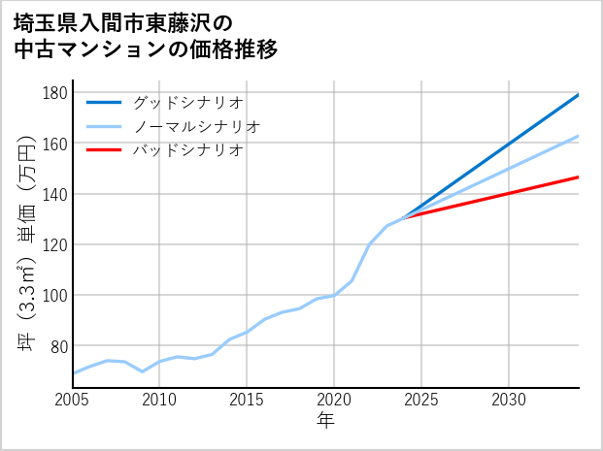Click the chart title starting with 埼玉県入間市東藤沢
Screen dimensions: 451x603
(146, 36)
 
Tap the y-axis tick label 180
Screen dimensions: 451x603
(55, 93)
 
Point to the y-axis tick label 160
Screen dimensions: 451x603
(55, 144)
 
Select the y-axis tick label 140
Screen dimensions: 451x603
(55, 194)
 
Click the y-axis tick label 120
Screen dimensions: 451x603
(55, 244)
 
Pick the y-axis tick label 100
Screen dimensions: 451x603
(55, 295)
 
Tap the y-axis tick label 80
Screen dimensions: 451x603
(59, 346)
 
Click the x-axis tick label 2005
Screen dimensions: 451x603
(73, 400)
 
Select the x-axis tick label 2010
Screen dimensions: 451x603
(159, 400)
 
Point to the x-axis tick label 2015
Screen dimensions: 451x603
(247, 400)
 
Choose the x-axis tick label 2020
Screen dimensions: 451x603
(334, 400)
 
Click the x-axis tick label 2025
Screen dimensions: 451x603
(421, 400)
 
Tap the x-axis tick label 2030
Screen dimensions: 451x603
(509, 400)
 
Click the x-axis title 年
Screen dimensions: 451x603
(325, 420)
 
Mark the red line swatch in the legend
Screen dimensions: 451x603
(104, 150)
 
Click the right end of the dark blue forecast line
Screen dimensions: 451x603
(579, 95)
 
